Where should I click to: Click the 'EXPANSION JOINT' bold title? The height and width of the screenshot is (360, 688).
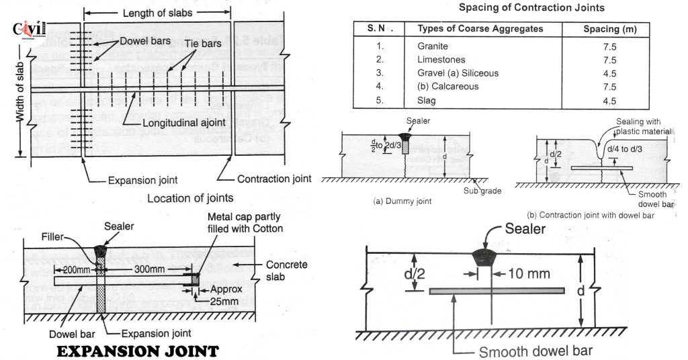(136, 351)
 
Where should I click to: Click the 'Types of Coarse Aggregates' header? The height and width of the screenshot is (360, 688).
(480, 29)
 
